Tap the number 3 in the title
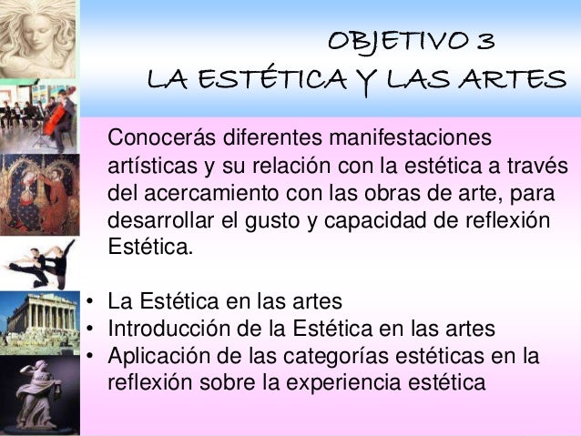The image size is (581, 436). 484,43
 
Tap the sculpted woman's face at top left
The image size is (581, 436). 36,36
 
